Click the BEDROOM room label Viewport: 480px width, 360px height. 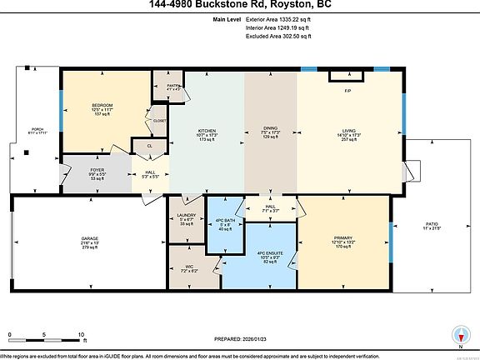pos(102,105)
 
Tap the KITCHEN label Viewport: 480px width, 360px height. pos(207,130)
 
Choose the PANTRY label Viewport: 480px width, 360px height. pos(173,85)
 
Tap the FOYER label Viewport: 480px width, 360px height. pos(97,170)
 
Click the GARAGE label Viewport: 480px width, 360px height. pos(90,237)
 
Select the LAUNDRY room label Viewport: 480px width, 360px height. pos(187,215)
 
